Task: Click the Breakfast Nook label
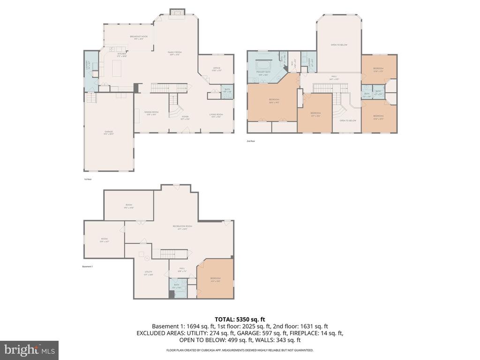(139, 37)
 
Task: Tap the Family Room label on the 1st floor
(174, 53)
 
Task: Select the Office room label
(216, 70)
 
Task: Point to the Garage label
(109, 133)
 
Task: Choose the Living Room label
(216, 115)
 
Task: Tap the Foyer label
(185, 118)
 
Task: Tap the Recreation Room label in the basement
(179, 227)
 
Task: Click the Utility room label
(148, 273)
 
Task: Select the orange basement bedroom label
(215, 279)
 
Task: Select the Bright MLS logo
(29, 350)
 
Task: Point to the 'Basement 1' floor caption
(88, 267)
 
